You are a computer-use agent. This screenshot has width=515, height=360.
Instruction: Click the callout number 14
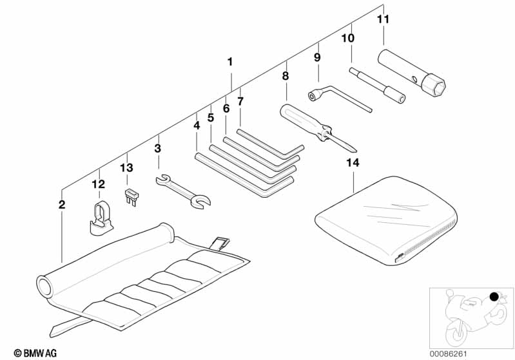(x=353, y=162)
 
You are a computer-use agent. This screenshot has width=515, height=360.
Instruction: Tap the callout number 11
(x=383, y=19)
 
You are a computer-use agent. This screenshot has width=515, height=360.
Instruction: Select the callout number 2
(x=62, y=204)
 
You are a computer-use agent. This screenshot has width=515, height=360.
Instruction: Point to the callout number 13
(x=126, y=167)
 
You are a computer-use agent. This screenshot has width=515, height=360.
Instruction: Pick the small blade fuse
(x=131, y=196)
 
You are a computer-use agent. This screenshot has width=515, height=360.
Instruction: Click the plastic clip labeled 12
(x=100, y=218)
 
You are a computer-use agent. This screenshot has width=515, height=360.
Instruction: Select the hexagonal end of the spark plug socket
(x=433, y=84)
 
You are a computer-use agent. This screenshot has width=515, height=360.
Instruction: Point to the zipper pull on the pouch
(x=400, y=258)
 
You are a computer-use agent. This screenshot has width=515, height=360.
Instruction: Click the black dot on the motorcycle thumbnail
(x=494, y=297)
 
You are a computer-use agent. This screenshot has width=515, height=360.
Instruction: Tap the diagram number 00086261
(x=448, y=354)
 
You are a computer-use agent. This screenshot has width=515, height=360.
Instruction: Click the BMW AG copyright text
(x=35, y=353)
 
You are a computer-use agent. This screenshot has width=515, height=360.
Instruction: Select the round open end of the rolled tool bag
(x=44, y=286)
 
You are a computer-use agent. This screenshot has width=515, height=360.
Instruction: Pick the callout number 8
(x=286, y=76)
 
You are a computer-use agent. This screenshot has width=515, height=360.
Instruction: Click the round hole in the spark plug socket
(x=415, y=79)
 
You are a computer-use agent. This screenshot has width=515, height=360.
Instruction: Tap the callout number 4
(x=197, y=126)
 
